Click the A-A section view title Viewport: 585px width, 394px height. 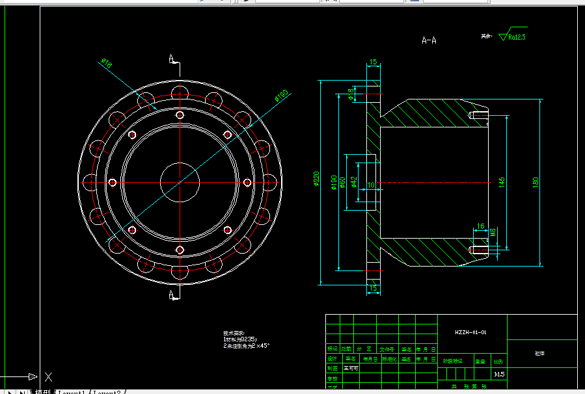pos(429,40)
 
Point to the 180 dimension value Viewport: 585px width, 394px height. pos(536,183)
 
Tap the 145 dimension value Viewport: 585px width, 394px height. pos(502,183)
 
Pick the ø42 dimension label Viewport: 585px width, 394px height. pos(354,182)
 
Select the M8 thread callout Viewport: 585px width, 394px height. pos(493,233)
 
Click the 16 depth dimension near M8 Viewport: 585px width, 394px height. pos(480,226)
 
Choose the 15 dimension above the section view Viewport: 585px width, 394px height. pos(373,63)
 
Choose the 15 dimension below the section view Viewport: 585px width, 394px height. pos(374,287)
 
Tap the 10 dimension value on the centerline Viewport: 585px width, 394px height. pos(371,186)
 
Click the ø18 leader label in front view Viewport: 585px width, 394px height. pos(107,63)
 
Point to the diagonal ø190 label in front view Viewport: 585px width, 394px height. pos(280,96)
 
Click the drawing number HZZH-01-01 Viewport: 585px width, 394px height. pos(471,332)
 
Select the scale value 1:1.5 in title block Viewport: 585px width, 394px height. pos(499,374)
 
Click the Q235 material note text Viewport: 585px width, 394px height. pos(240,339)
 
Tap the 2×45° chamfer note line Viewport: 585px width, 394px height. pos(247,346)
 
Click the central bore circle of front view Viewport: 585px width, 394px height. pos(179,183)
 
